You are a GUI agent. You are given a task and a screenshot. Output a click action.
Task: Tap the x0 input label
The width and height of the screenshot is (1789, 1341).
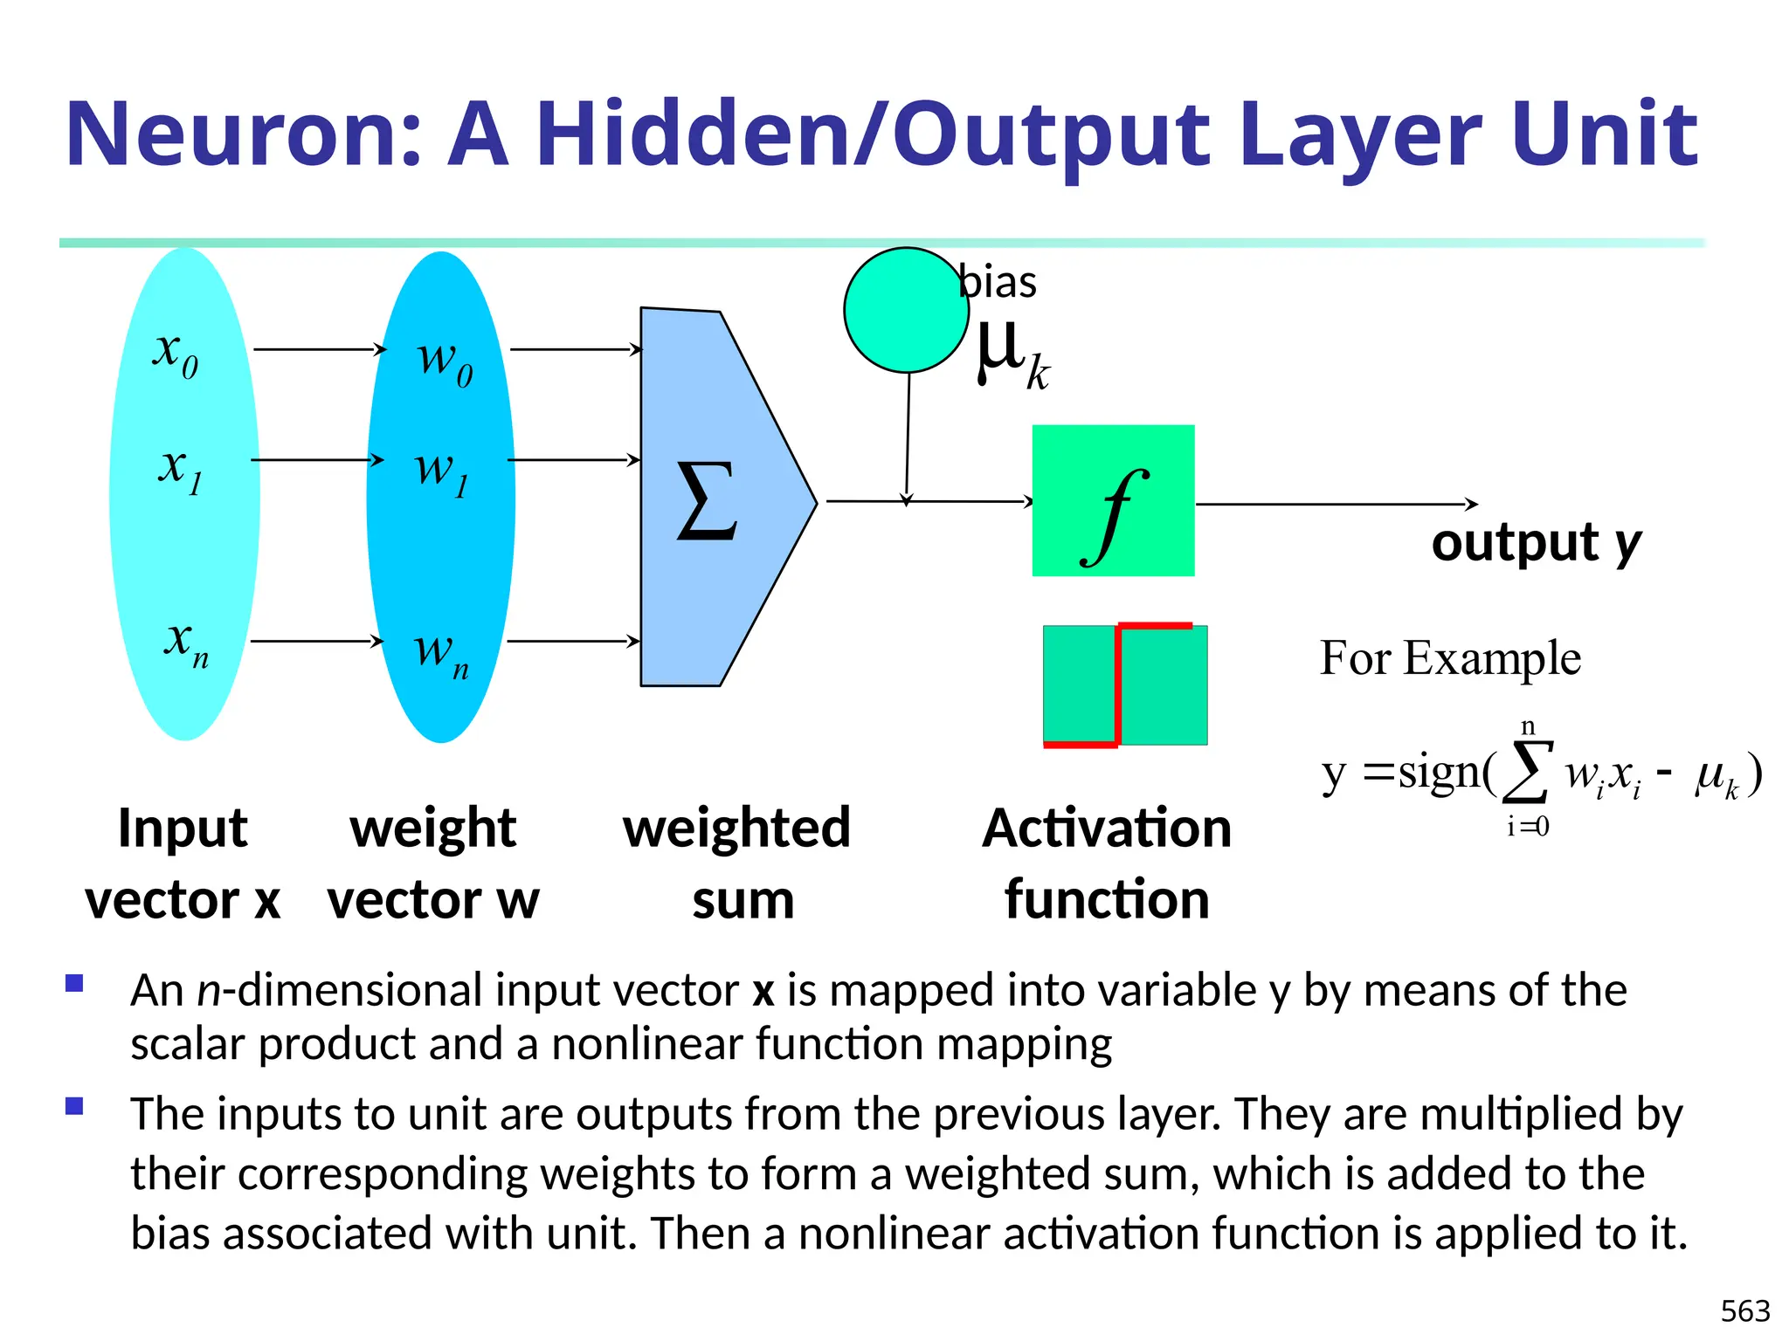pyautogui.click(x=176, y=354)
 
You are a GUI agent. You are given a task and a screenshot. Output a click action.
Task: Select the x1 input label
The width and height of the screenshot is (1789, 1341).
pyautogui.click(x=180, y=469)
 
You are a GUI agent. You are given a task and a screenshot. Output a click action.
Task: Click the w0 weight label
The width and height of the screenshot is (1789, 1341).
pyautogui.click(x=445, y=360)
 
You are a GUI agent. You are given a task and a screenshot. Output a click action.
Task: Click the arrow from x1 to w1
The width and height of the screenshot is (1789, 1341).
pyautogui.click(x=316, y=459)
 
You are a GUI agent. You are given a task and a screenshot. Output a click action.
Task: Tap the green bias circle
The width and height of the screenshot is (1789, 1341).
pyautogui.click(x=906, y=310)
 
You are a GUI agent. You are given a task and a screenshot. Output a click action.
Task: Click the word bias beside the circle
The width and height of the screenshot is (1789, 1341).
pyautogui.click(x=998, y=282)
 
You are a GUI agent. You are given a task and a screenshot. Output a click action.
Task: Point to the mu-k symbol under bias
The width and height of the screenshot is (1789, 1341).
pyautogui.click(x=1011, y=354)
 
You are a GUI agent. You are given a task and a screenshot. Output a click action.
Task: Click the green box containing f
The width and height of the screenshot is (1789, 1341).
pyautogui.click(x=1113, y=500)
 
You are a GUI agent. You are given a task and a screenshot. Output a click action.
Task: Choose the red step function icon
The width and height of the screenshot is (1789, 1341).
pyautogui.click(x=1124, y=685)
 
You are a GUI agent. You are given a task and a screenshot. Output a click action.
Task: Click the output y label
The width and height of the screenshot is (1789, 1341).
pyautogui.click(x=1536, y=543)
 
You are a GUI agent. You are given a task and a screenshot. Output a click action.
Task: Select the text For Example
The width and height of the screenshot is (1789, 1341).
pyautogui.click(x=1450, y=657)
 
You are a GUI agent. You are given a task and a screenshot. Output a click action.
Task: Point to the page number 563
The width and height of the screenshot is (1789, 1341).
pyautogui.click(x=1744, y=1310)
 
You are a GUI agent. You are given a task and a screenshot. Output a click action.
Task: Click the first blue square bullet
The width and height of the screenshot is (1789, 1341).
pyautogui.click(x=74, y=984)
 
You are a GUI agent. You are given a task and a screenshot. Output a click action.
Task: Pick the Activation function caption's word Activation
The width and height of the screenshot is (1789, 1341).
pyautogui.click(x=1107, y=828)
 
